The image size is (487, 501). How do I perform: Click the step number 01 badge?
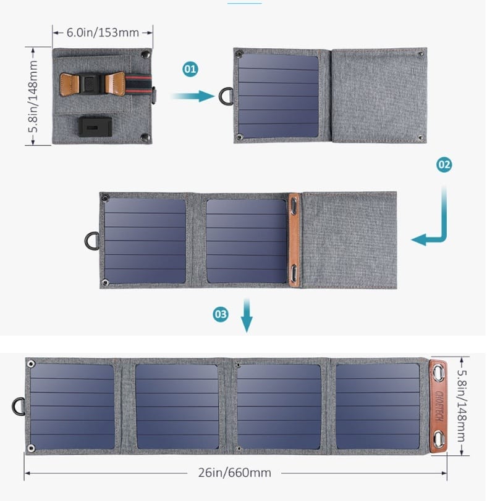[x=190, y=69]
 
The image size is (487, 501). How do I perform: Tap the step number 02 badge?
[x=444, y=165]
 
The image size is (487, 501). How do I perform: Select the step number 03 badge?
[x=221, y=314]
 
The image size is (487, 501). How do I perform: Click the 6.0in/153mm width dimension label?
[x=103, y=33]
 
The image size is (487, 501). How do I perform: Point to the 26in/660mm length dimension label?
[x=235, y=473]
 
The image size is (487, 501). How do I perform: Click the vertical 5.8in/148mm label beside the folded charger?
[x=33, y=96]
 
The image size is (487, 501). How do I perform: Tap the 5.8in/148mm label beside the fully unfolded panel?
[x=462, y=406]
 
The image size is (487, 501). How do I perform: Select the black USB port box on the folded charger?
[x=95, y=127]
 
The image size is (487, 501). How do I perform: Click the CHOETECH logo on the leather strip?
[x=439, y=406]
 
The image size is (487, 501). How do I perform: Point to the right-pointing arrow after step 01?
[x=193, y=96]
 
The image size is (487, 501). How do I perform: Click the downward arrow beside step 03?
[x=247, y=315]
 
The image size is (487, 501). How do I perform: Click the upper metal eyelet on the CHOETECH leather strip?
[x=438, y=373]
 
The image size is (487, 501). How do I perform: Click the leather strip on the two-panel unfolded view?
[x=294, y=239]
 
